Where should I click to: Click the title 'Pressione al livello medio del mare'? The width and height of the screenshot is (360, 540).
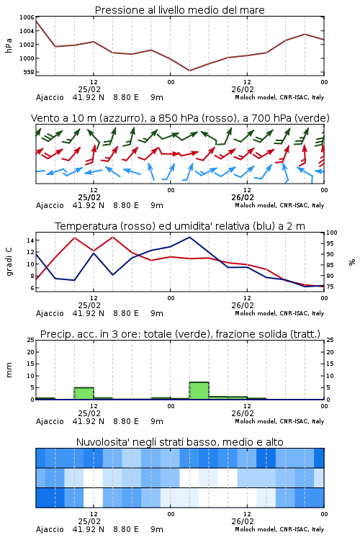[x=179, y=10]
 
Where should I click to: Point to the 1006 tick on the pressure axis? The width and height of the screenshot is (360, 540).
[x=27, y=17]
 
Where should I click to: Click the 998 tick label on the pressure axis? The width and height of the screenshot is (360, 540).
[x=29, y=72]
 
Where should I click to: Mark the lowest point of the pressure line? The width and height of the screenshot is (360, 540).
[x=189, y=71]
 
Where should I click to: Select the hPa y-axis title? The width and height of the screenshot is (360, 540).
[x=9, y=45]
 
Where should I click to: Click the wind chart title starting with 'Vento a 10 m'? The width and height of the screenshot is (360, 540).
[x=180, y=118]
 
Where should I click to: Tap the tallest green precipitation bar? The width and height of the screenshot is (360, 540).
[x=199, y=390]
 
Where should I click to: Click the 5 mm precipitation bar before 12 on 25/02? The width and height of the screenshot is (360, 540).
[x=84, y=393]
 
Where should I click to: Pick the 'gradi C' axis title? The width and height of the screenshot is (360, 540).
[x=9, y=262]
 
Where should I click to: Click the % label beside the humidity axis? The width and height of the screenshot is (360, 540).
[x=352, y=262]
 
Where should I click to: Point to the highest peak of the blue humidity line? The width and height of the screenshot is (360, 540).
[x=189, y=237]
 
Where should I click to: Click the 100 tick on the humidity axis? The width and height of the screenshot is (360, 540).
[x=331, y=233]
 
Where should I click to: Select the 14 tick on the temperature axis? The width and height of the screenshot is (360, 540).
[x=30, y=240]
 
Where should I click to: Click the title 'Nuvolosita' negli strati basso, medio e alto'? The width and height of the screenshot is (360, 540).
[x=179, y=442]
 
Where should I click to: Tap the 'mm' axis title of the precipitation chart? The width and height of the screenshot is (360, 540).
[x=9, y=370]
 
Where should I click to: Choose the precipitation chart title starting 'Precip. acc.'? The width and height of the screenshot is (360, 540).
[x=180, y=334]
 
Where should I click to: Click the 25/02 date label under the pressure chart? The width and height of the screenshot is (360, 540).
[x=89, y=89]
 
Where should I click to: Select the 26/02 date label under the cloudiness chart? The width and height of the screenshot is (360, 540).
[x=243, y=521]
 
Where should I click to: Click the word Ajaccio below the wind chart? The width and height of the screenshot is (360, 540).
[x=50, y=206]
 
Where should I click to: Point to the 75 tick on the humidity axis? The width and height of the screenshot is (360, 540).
[x=330, y=287]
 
